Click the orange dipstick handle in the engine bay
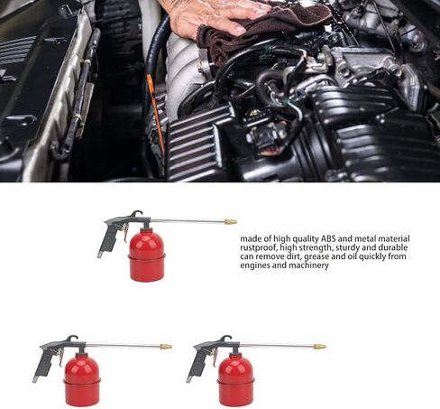(x=155, y=111)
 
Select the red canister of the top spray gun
(x=147, y=256)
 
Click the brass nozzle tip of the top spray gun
(x=231, y=222)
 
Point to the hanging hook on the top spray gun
(x=137, y=214)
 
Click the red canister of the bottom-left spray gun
(x=82, y=381)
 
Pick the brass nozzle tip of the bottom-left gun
(x=166, y=347)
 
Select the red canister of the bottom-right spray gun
(x=236, y=381)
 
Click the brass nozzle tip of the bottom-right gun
(x=320, y=347)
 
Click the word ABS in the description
(x=328, y=239)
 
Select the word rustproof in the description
(x=258, y=248)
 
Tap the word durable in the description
(x=393, y=247)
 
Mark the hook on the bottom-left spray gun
(x=72, y=339)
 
